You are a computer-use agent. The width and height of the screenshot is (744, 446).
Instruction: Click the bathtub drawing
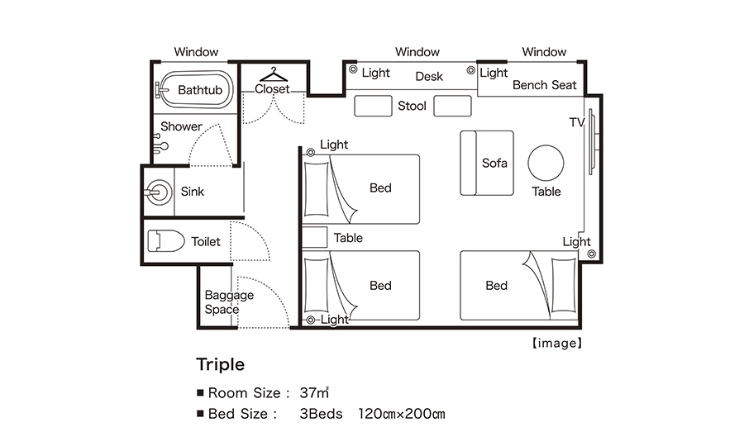[195, 89]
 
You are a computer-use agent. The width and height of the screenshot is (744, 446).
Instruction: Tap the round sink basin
[159, 192]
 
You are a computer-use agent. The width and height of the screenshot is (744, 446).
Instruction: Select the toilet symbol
[165, 241]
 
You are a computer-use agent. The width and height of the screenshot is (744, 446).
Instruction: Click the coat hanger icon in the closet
[274, 74]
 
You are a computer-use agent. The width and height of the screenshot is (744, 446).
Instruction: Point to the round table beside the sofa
[546, 163]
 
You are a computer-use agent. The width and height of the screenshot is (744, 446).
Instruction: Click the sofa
[487, 163]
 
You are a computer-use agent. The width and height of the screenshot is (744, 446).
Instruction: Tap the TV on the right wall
[592, 142]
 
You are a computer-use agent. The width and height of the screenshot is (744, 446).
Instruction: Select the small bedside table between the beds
[315, 237]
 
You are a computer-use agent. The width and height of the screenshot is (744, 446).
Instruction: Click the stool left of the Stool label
[373, 106]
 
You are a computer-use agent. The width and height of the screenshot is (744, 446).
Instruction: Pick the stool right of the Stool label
[453, 106]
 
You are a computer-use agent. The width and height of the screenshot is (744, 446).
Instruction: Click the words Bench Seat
[544, 85]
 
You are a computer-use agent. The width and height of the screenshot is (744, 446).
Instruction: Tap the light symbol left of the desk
[353, 69]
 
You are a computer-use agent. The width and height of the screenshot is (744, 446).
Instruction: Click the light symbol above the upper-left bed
[310, 152]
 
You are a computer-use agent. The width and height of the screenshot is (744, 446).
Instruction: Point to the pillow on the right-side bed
[564, 285]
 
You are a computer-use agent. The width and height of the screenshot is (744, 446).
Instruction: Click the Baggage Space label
[229, 302]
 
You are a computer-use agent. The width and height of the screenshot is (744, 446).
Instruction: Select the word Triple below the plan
[221, 364]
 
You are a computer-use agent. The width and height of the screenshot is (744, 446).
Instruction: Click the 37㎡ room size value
[314, 393]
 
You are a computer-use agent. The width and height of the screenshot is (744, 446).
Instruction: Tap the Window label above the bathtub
[196, 52]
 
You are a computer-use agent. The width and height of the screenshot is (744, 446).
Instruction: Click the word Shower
[181, 126]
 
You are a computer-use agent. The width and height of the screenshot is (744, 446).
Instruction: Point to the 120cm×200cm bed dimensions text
[402, 414]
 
